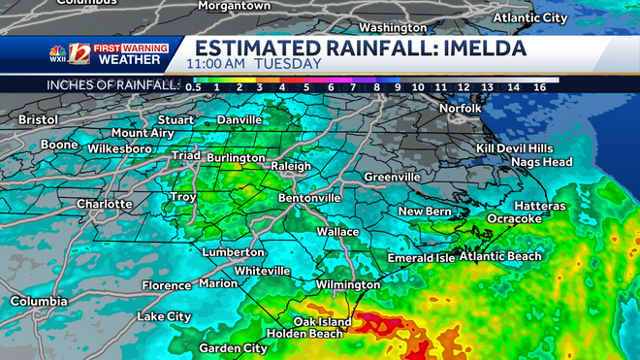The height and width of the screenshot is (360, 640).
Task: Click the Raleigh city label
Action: click(x=291, y=166)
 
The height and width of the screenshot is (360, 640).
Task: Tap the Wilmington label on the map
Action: click(x=348, y=285)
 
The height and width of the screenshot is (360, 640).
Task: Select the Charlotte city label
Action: click(x=105, y=205)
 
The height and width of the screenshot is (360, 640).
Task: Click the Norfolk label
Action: click(x=460, y=109)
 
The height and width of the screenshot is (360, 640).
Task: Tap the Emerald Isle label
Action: click(x=421, y=258)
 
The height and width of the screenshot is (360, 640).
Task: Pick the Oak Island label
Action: click(x=321, y=321)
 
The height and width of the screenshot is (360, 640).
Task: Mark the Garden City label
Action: click(x=233, y=348)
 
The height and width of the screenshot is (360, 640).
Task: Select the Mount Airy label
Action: click(x=143, y=133)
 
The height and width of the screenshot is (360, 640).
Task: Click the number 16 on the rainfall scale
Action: click(x=539, y=87)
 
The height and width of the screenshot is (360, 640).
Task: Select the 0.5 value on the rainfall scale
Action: click(x=193, y=87)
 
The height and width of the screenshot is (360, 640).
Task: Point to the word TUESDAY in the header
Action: click(x=291, y=64)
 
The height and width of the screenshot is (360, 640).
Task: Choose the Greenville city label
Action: click(x=392, y=178)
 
